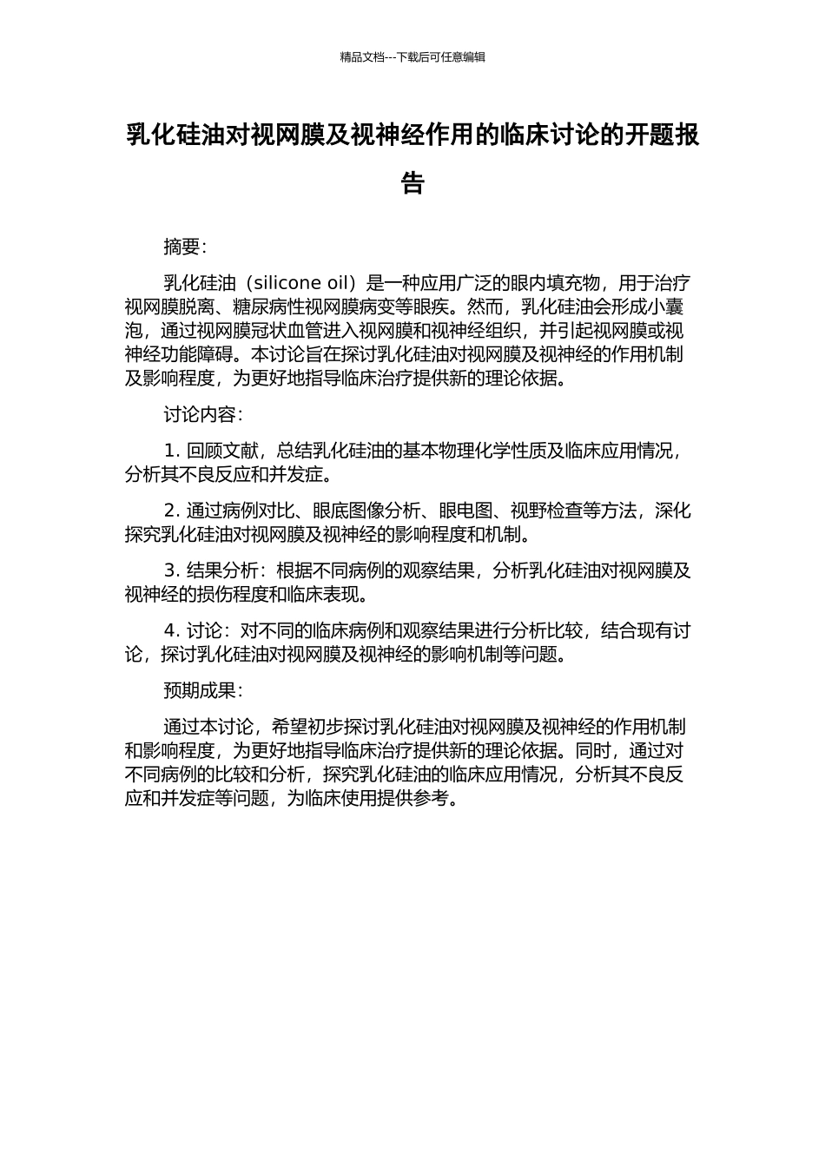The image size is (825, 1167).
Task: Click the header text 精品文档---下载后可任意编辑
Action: tap(412, 57)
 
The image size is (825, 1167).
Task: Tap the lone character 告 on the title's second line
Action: tap(412, 183)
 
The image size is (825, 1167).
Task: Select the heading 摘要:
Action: tap(185, 247)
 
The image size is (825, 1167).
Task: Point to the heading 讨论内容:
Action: tap(203, 415)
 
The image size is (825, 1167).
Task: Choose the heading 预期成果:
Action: tap(203, 690)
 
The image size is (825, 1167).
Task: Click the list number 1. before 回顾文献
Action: tap(172, 451)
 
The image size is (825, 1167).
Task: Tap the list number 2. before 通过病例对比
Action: tap(172, 511)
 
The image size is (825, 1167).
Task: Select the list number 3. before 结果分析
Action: tap(172, 570)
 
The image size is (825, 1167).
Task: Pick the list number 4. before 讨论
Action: tap(172, 630)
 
